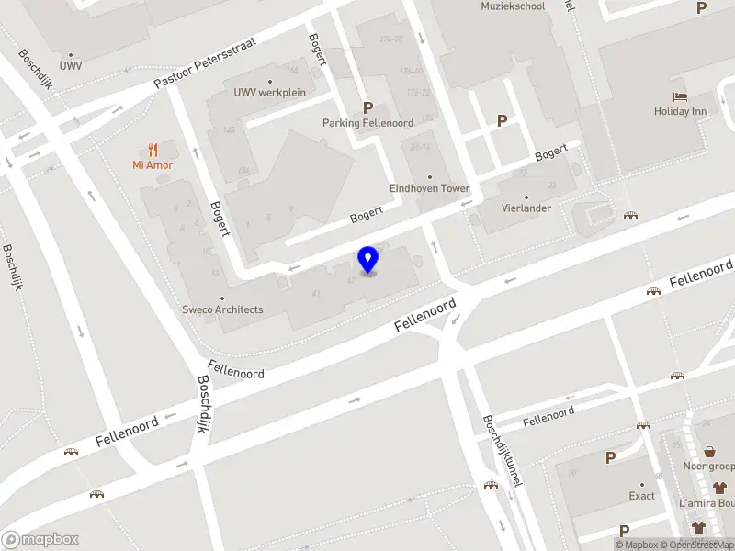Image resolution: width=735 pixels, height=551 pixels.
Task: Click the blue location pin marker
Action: (368, 260)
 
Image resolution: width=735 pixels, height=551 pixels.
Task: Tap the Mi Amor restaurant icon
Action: (153, 150)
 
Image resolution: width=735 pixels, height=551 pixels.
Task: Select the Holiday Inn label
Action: (680, 112)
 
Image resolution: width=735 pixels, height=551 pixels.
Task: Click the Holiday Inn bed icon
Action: (680, 96)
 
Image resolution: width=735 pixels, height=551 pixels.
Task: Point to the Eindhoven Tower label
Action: (429, 188)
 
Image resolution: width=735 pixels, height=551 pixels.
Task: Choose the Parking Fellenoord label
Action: (367, 123)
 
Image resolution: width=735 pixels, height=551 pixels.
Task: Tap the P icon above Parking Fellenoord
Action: (368, 107)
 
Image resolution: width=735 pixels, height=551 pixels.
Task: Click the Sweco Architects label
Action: (221, 309)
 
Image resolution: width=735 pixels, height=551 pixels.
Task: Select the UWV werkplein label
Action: (269, 92)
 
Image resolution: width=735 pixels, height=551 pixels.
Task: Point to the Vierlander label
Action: (526, 208)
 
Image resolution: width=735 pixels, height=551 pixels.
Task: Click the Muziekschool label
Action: (513, 6)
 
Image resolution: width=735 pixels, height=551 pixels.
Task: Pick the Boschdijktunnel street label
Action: (501, 450)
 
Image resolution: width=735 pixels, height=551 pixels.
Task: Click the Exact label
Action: (642, 496)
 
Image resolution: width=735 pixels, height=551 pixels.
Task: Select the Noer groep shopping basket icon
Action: (710, 451)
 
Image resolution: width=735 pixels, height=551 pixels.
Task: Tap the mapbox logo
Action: (40, 540)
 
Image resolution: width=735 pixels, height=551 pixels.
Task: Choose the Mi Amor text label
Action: (153, 165)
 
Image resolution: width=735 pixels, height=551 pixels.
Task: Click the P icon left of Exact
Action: (610, 456)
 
